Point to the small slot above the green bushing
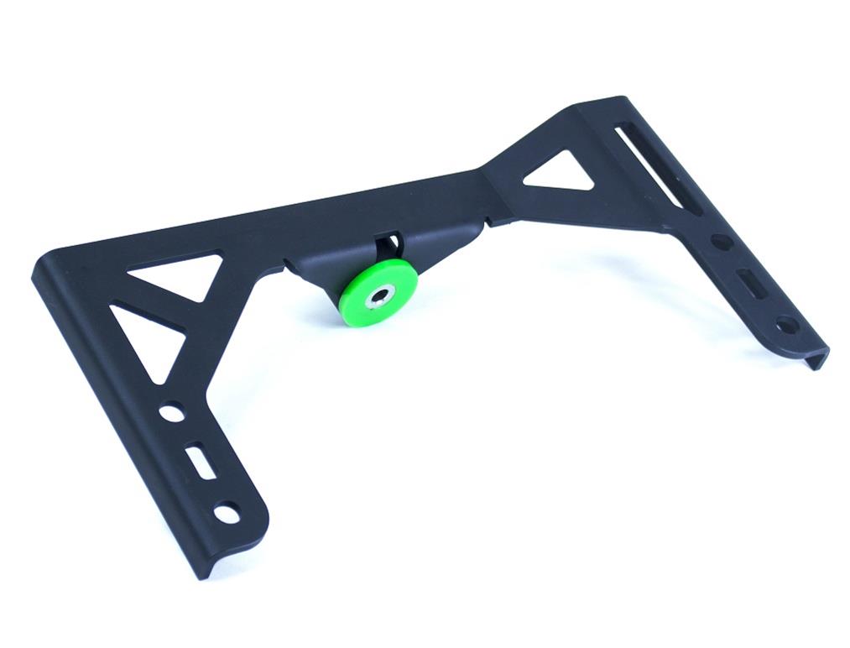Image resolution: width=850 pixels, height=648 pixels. click(x=388, y=244)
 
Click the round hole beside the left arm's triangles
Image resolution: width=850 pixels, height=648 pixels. click(x=171, y=412)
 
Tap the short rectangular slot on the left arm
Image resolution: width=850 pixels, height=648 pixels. click(x=200, y=461)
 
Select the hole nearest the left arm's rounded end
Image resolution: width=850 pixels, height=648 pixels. click(x=227, y=510)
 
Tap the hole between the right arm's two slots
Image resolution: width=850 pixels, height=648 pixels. click(x=721, y=242)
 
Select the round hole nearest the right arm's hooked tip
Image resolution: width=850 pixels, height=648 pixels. click(x=786, y=322)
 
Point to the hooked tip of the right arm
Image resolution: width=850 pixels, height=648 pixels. click(x=820, y=357)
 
